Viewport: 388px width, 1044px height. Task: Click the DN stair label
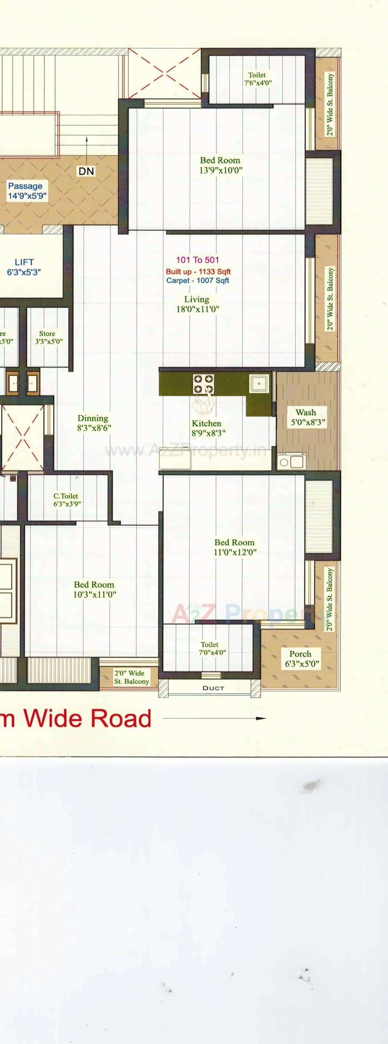[86, 171]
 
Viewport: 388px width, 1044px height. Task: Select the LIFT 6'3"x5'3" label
[24, 267]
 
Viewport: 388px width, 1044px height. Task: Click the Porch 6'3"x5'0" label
[300, 658]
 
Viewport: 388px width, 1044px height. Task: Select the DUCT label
[213, 688]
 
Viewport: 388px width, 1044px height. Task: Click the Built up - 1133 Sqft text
[198, 272]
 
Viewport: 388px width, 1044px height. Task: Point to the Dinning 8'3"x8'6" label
[93, 423]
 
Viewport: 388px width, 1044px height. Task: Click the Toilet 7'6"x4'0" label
[257, 79]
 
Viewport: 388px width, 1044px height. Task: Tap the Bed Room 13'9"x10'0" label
[220, 165]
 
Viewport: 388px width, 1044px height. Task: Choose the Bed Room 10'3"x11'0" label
[94, 589]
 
